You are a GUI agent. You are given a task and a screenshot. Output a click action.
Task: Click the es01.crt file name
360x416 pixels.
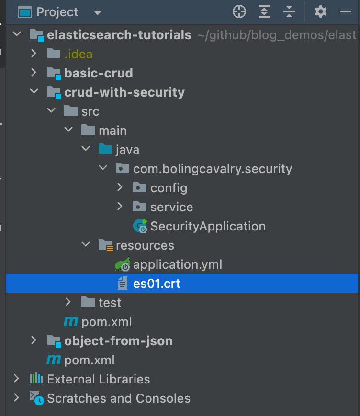157,284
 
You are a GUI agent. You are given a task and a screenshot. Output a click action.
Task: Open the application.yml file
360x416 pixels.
177,264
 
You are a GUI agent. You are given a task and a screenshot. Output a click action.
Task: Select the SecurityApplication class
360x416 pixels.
208,226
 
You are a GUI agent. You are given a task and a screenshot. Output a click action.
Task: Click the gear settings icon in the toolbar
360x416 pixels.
320,12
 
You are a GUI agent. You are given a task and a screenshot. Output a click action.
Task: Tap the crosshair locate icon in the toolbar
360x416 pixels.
239,12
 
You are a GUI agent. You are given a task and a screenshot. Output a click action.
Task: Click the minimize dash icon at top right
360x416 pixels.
346,12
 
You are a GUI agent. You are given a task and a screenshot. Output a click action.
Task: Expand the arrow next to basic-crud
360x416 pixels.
33,73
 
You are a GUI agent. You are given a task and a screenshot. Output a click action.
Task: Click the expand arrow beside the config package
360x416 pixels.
120,188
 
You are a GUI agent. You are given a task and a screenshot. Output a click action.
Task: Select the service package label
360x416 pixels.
171,207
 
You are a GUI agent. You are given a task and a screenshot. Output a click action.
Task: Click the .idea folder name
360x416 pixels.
79,54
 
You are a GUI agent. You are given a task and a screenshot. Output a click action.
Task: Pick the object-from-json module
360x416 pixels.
118,341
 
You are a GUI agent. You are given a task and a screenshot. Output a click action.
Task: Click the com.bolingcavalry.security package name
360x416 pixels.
213,169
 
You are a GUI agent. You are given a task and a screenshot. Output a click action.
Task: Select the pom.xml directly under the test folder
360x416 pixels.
106,322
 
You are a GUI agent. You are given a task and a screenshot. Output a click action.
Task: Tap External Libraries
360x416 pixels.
98,379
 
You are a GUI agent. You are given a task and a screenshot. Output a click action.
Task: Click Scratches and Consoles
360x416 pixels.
118,398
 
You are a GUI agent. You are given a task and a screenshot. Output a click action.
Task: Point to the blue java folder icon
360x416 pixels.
105,150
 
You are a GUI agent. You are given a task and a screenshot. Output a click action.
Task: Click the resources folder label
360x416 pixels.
145,245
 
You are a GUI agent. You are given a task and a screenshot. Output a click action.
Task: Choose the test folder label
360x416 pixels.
110,303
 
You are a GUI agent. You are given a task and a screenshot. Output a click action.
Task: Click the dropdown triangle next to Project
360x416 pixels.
98,12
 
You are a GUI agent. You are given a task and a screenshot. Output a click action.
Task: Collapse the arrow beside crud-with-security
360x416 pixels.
33,92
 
